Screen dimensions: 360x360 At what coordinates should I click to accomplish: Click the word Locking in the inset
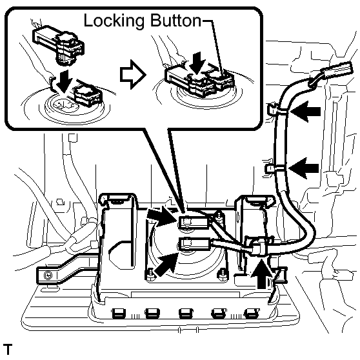pyautogui.click(x=114, y=21)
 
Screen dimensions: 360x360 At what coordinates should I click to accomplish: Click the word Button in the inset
pyautogui.click(x=175, y=21)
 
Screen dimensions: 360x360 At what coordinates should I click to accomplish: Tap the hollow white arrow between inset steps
pyautogui.click(x=133, y=74)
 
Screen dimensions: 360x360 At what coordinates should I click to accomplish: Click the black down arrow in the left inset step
pyautogui.click(x=64, y=82)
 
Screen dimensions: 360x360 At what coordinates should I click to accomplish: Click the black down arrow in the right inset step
pyautogui.click(x=198, y=63)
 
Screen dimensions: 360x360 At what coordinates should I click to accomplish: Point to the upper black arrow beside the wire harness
pyautogui.click(x=305, y=112)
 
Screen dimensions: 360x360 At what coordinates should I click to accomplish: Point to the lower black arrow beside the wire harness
pyautogui.click(x=304, y=168)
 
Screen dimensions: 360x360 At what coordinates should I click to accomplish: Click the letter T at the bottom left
pyautogui.click(x=8, y=350)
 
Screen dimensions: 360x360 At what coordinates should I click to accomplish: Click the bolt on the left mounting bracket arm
pyautogui.click(x=48, y=275)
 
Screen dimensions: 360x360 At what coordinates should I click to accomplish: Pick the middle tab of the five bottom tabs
pyautogui.click(x=186, y=314)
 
